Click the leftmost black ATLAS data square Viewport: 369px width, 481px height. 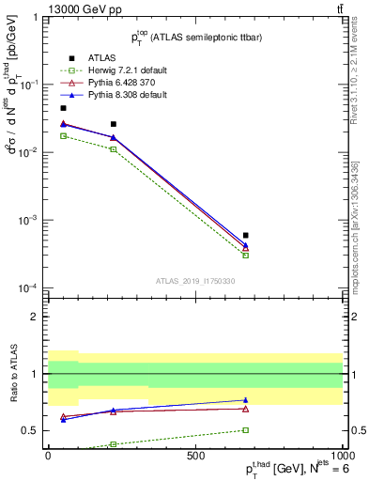(x=63, y=108)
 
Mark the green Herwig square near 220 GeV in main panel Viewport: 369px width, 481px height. (x=113, y=148)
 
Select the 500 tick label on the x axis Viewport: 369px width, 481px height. (x=195, y=457)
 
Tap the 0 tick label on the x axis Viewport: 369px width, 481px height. (x=49, y=457)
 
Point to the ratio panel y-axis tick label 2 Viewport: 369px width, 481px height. (x=37, y=317)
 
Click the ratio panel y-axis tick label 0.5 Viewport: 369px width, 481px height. (x=32, y=431)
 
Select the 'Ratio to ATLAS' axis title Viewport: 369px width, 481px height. (x=13, y=374)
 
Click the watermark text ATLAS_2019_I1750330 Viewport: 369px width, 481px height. (x=195, y=281)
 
